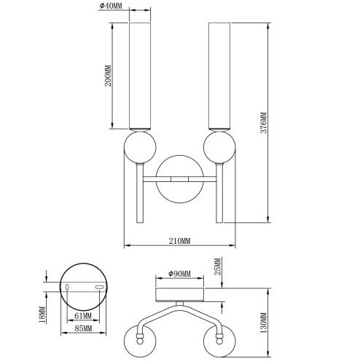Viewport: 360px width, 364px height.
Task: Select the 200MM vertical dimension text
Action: point(109,75)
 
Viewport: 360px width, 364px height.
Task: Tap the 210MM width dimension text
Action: point(179,241)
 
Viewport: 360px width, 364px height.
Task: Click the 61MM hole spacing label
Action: point(83,316)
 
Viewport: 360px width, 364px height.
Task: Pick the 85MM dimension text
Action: point(83,329)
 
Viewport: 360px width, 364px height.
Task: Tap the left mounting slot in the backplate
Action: point(68,288)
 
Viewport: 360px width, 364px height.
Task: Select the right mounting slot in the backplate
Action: point(98,288)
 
